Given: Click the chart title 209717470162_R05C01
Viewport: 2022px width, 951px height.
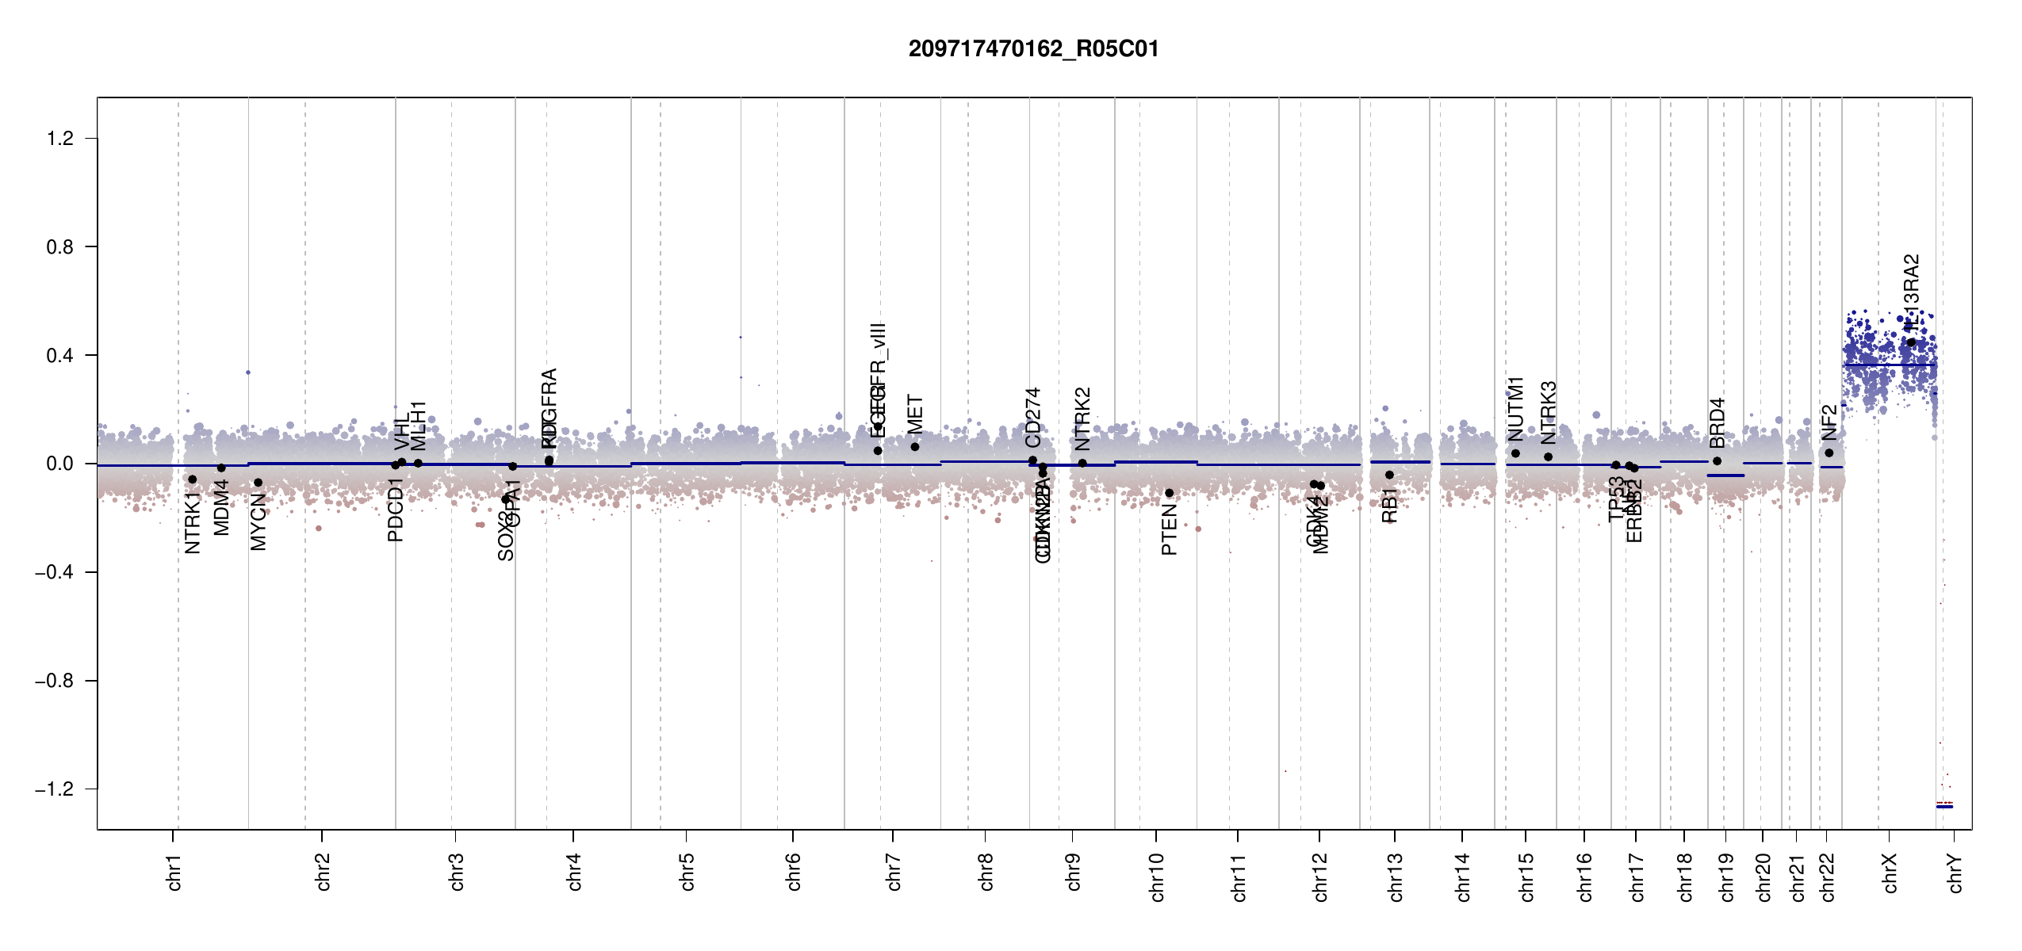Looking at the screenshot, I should [x=1033, y=49].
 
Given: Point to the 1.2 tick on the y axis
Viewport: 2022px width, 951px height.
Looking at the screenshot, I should [x=60, y=139].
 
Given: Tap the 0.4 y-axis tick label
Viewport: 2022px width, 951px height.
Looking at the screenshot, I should [x=60, y=356].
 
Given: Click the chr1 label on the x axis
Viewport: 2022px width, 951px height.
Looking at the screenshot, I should [x=174, y=872].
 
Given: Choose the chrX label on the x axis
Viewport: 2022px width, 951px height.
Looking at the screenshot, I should [x=1890, y=873].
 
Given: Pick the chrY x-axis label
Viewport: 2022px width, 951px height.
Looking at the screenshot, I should [x=1955, y=873].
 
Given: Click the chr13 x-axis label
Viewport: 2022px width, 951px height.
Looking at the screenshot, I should [x=1396, y=877].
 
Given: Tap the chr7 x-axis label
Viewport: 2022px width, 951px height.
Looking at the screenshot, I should [x=894, y=872].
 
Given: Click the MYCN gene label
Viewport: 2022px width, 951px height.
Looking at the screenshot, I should [x=258, y=521].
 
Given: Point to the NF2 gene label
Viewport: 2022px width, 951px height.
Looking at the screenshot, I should [x=1829, y=422].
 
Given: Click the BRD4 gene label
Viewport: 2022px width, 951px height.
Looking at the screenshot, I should [x=1718, y=423].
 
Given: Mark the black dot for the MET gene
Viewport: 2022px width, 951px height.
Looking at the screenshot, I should [x=915, y=447].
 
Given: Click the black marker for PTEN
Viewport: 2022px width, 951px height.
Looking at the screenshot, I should [x=1169, y=493].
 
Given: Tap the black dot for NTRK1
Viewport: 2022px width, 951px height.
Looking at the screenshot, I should [x=192, y=479].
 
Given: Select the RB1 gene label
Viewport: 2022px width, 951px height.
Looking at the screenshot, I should [x=1389, y=506].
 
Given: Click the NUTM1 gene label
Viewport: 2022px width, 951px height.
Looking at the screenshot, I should [x=1516, y=409].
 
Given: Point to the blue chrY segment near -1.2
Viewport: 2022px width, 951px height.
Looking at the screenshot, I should [x=1944, y=806].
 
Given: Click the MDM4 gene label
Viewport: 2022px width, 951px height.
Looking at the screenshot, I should [x=222, y=507].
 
